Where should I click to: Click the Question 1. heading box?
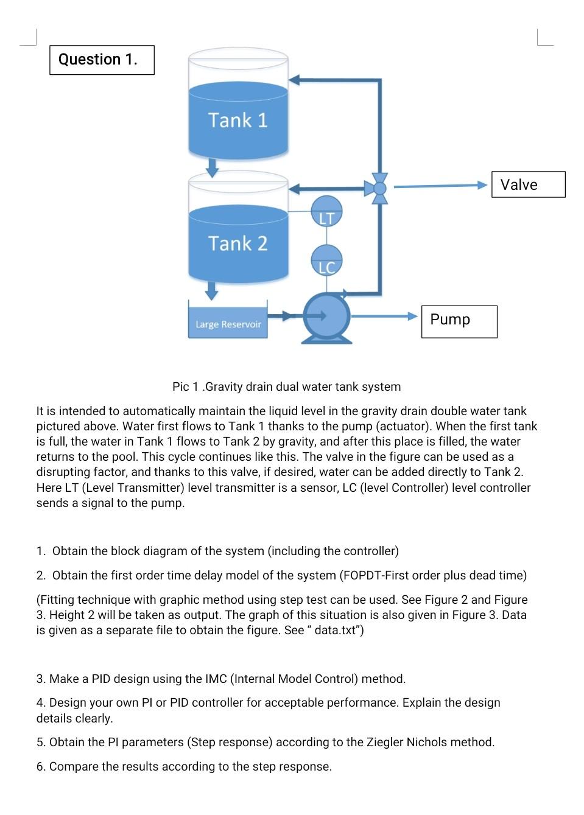pyautogui.click(x=102, y=60)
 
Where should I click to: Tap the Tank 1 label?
pyautogui.click(x=237, y=120)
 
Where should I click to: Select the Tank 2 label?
pyautogui.click(x=237, y=243)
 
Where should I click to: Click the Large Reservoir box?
pyautogui.click(x=228, y=320)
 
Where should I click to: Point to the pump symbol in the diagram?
pyautogui.click(x=327, y=317)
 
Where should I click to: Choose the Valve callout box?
pyautogui.click(x=528, y=184)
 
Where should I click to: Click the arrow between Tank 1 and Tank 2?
pyautogui.click(x=212, y=167)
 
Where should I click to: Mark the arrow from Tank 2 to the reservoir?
pyautogui.click(x=211, y=290)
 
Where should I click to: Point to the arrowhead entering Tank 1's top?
pyautogui.click(x=295, y=80)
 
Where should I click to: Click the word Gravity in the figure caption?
pyautogui.click(x=227, y=387)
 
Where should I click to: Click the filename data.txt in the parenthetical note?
pyautogui.click(x=337, y=631)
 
